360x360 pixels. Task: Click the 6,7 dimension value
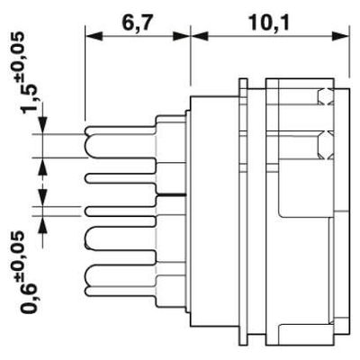pos(135,23)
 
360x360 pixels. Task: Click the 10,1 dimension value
pos(269,23)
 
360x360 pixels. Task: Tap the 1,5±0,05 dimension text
pos(30,73)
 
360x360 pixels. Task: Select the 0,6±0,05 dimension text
pos(30,272)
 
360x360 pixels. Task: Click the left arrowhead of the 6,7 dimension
pos(94,37)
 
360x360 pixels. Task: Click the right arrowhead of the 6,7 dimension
pos(182,37)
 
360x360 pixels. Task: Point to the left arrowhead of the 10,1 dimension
pos(200,37)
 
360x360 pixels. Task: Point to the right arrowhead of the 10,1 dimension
pos(341,37)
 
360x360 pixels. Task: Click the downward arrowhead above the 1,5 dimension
pos(43,125)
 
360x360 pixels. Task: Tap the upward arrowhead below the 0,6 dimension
pos(43,224)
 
